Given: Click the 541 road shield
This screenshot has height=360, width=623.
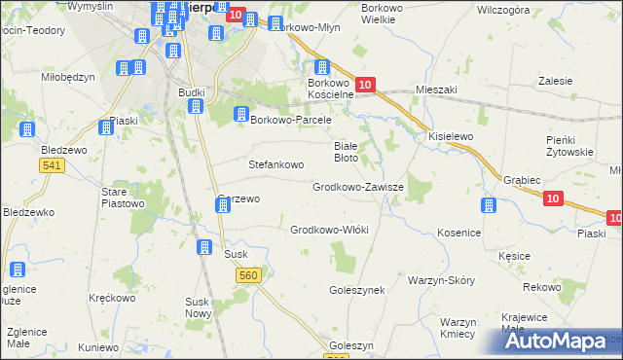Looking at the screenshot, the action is (53, 167).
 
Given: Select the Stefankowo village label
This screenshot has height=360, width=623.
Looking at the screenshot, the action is (277, 164).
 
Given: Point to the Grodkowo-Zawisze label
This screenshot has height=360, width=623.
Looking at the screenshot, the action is (351, 186).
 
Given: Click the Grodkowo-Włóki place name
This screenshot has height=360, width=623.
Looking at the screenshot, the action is (329, 230).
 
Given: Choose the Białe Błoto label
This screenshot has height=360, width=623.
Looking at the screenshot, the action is (352, 150).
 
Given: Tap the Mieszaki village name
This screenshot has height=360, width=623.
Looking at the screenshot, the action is (436, 90).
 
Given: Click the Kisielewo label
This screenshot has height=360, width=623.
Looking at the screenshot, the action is (451, 137).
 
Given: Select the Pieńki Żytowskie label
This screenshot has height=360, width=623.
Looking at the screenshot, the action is (569, 146).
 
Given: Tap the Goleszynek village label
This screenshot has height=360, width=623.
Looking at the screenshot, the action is (358, 290).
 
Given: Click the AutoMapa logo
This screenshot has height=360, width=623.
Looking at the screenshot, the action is (556, 341).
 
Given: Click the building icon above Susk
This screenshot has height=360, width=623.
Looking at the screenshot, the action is (205, 247).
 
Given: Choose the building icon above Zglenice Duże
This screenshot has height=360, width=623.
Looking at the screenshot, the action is (17, 270).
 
